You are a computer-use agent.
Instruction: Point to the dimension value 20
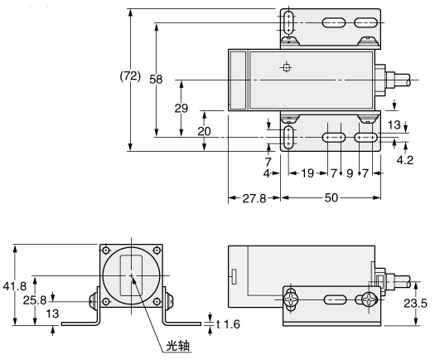(205, 132)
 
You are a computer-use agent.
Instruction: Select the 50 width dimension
(331, 200)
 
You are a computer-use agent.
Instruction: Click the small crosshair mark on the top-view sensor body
(286, 68)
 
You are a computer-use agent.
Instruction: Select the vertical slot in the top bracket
(287, 22)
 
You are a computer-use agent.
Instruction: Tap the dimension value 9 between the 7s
(350, 173)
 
